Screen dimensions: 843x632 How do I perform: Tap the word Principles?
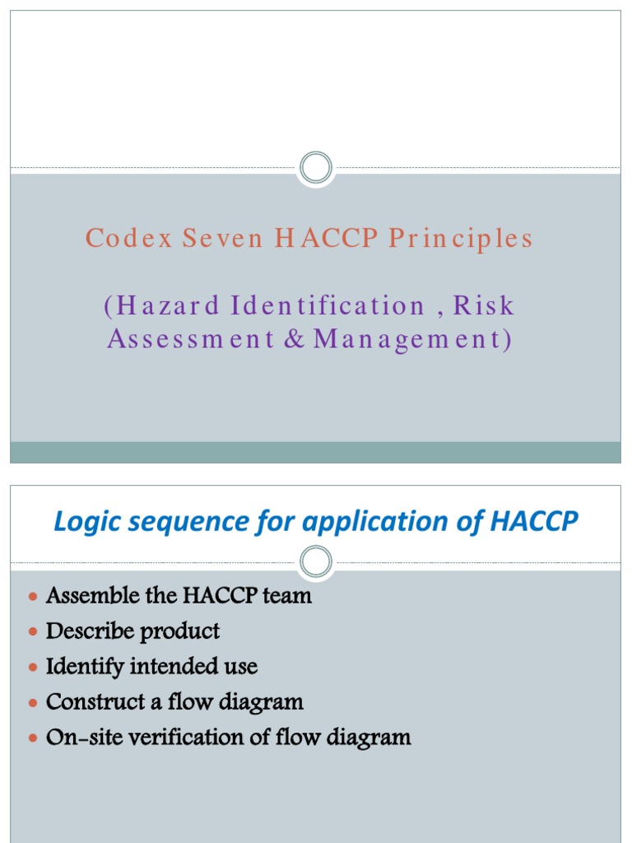point(460,239)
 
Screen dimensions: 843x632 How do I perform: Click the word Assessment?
point(190,339)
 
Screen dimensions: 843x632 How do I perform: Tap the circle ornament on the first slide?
point(315,169)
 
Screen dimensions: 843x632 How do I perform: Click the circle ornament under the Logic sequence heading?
point(315,562)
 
